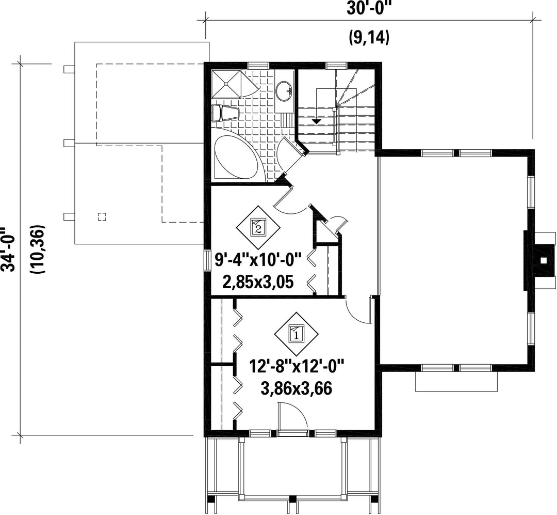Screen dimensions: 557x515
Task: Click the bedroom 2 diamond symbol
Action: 258,226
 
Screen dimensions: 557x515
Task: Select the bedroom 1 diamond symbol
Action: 296,334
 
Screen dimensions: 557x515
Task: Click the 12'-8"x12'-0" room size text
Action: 297,367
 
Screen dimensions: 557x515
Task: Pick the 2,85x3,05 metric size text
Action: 258,282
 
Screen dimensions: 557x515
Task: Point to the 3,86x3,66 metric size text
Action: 297,388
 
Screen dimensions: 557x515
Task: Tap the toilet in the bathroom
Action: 225,113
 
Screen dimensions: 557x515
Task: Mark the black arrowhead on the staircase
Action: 316,121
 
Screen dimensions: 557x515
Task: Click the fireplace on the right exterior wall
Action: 539,260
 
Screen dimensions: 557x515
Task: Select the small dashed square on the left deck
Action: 102,216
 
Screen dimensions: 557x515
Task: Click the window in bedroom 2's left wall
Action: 207,260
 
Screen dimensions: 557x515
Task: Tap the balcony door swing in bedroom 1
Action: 293,415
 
